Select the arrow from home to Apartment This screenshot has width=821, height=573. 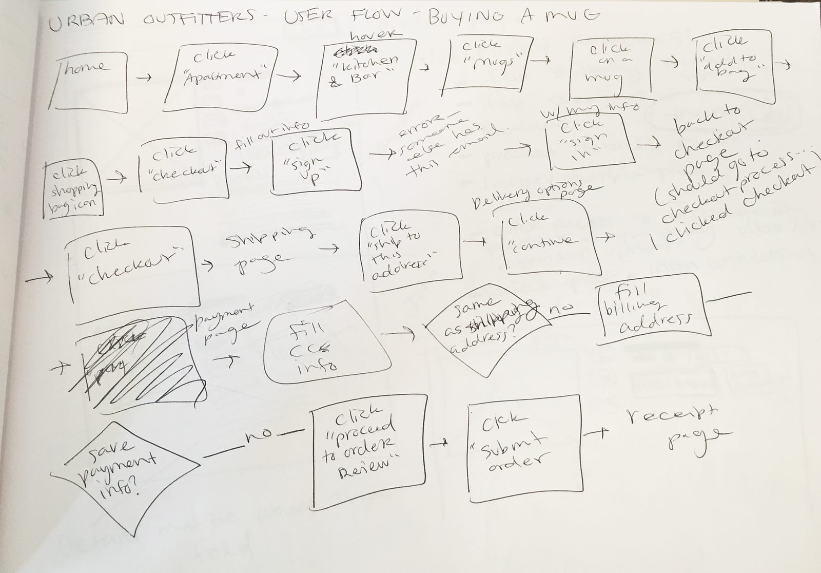[146, 78]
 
